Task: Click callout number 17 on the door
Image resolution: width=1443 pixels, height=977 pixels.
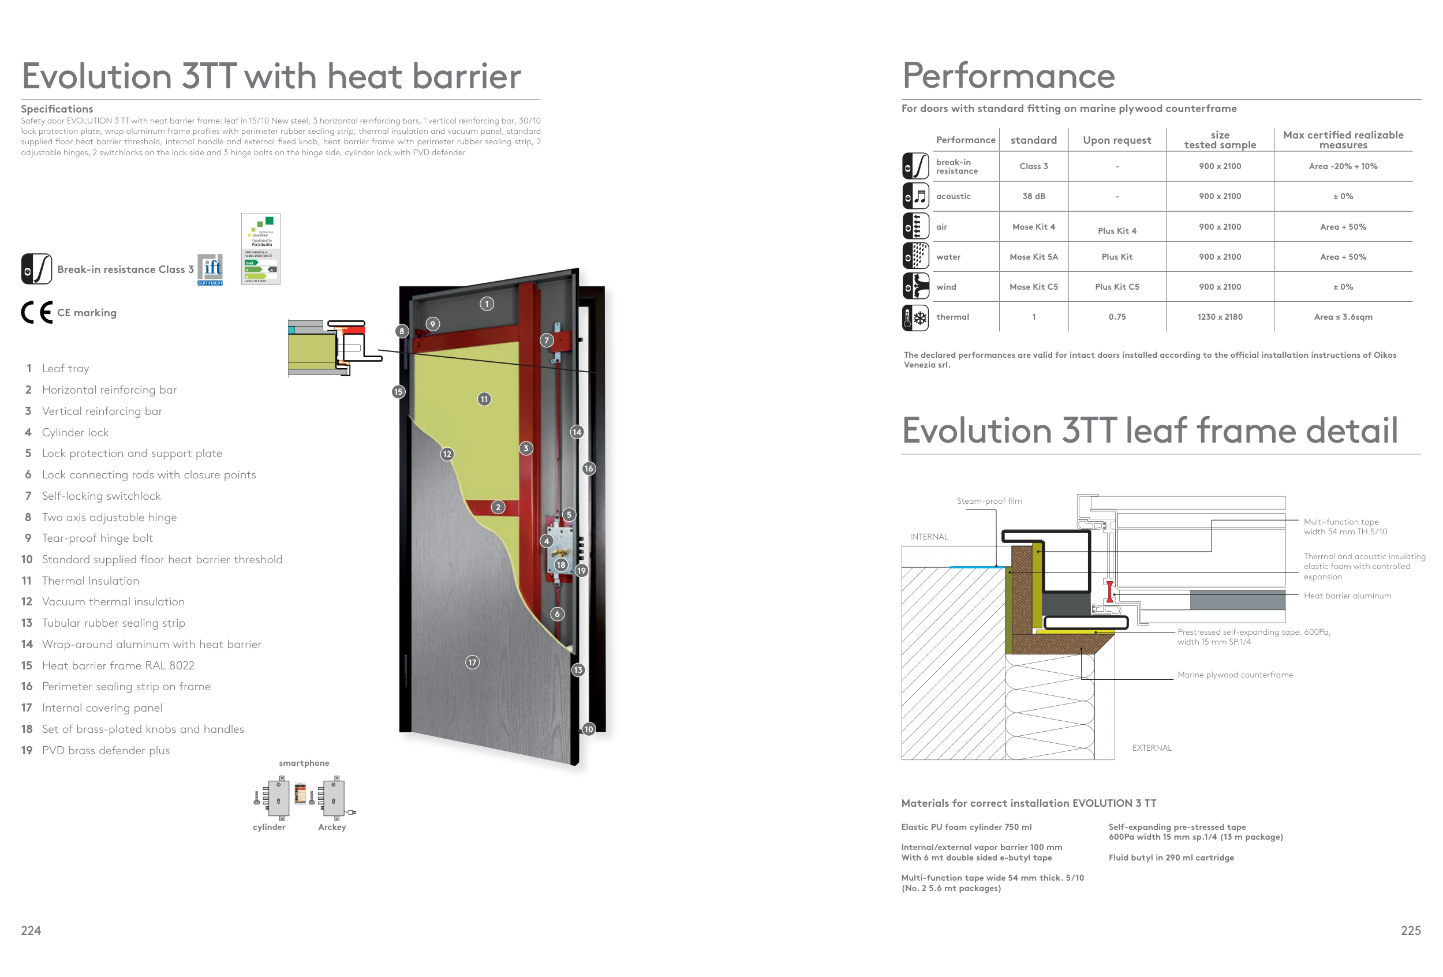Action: [x=473, y=662]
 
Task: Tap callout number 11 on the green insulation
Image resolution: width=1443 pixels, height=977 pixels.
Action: [x=484, y=399]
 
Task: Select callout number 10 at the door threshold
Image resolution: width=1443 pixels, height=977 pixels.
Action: [x=589, y=729]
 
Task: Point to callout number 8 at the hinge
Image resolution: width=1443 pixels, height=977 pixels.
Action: [x=402, y=331]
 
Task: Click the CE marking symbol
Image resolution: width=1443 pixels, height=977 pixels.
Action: [x=36, y=312]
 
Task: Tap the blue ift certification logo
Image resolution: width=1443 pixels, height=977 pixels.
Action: [x=210, y=269]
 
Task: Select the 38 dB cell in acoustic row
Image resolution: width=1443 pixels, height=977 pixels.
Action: [x=1033, y=196]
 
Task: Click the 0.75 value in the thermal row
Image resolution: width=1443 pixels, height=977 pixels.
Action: [x=1116, y=317]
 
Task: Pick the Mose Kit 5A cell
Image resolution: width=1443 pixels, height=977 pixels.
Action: [x=1033, y=257]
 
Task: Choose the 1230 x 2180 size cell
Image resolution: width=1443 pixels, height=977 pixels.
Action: [x=1220, y=317]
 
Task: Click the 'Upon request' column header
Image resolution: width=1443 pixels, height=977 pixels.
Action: [x=1116, y=140]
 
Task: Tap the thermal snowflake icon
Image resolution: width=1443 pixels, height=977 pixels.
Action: [x=915, y=318]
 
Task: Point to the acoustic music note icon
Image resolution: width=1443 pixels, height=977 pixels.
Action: [x=915, y=196]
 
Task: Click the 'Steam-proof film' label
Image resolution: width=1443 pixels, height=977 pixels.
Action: [x=989, y=501]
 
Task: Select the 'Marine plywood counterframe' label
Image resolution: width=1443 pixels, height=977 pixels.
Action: [x=1235, y=675]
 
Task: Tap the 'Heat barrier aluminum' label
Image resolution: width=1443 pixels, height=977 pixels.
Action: [x=1347, y=596]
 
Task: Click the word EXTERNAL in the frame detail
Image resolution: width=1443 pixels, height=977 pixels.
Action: [x=1151, y=748]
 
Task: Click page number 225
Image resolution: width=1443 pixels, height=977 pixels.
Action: [x=1411, y=930]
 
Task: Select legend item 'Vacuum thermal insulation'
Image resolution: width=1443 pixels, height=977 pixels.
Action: [x=113, y=601]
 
